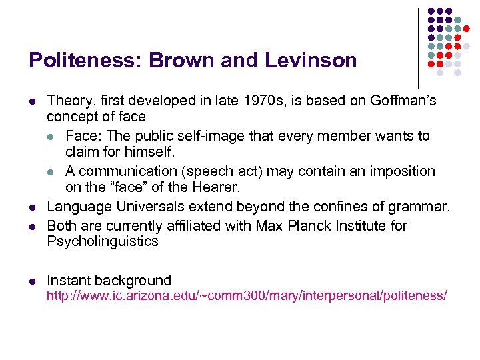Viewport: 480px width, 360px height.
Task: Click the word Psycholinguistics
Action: pyautogui.click(x=103, y=241)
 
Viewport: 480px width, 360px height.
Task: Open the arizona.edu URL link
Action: pyautogui.click(x=246, y=295)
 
